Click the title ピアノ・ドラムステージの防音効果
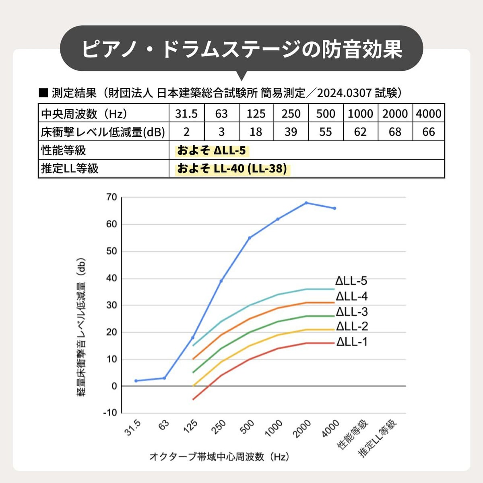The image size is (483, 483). pyautogui.click(x=242, y=49)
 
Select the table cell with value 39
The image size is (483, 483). pyautogui.click(x=291, y=132)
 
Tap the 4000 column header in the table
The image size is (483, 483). pyautogui.click(x=428, y=114)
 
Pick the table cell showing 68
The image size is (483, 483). pyautogui.click(x=394, y=132)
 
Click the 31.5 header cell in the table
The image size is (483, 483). pyautogui.click(x=186, y=114)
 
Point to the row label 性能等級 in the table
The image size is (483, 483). pyautogui.click(x=64, y=151)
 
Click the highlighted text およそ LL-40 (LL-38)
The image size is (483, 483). pyautogui.click(x=232, y=169)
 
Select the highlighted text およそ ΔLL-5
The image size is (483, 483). pyautogui.click(x=212, y=151)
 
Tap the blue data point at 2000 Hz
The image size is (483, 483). pyautogui.click(x=306, y=203)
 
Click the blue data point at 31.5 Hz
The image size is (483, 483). pyautogui.click(x=136, y=381)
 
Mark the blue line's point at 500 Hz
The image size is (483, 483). pyautogui.click(x=250, y=238)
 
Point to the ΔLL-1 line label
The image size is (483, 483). pyautogui.click(x=352, y=342)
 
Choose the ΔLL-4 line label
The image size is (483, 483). pyautogui.click(x=352, y=297)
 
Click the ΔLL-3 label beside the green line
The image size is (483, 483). pyautogui.click(x=352, y=312)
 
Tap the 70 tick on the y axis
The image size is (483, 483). pyautogui.click(x=111, y=197)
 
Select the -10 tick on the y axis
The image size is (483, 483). pyautogui.click(x=110, y=413)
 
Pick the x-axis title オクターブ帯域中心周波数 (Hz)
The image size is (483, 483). pyautogui.click(x=219, y=456)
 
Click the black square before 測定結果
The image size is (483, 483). pyautogui.click(x=43, y=93)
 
